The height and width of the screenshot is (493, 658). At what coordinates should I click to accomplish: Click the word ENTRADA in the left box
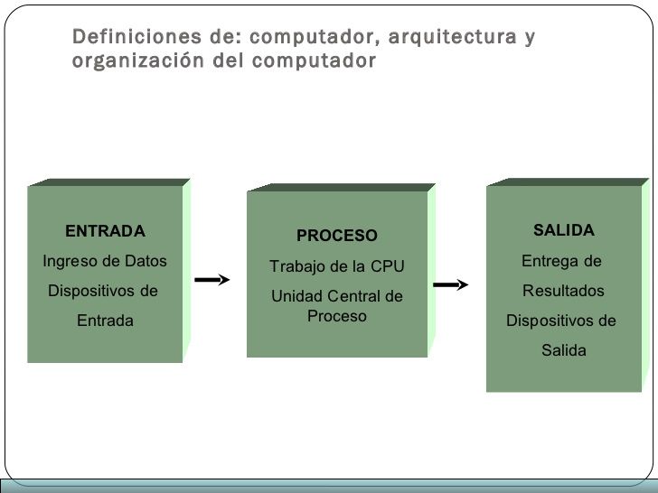pyautogui.click(x=105, y=231)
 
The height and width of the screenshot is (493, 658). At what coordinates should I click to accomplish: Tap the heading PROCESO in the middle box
pyautogui.click(x=337, y=236)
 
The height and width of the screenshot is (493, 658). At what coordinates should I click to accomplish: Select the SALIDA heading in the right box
pyautogui.click(x=563, y=230)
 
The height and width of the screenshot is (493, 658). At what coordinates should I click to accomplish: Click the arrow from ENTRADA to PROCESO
pyautogui.click(x=214, y=280)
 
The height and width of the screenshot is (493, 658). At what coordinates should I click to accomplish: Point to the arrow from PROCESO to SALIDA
pyautogui.click(x=451, y=286)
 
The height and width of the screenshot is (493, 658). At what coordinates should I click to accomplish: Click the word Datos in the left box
pyautogui.click(x=146, y=261)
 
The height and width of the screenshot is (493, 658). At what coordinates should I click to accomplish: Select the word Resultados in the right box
pyautogui.click(x=563, y=291)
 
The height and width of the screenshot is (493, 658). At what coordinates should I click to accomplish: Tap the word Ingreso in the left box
pyautogui.click(x=70, y=261)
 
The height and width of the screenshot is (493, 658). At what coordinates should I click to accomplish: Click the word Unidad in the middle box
pyautogui.click(x=296, y=296)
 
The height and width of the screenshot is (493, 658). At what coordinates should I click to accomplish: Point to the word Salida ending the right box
pyautogui.click(x=563, y=350)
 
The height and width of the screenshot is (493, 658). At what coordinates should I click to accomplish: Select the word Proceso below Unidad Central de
pyautogui.click(x=336, y=316)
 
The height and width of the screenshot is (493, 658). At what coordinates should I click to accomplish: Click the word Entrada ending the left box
pyautogui.click(x=105, y=321)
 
